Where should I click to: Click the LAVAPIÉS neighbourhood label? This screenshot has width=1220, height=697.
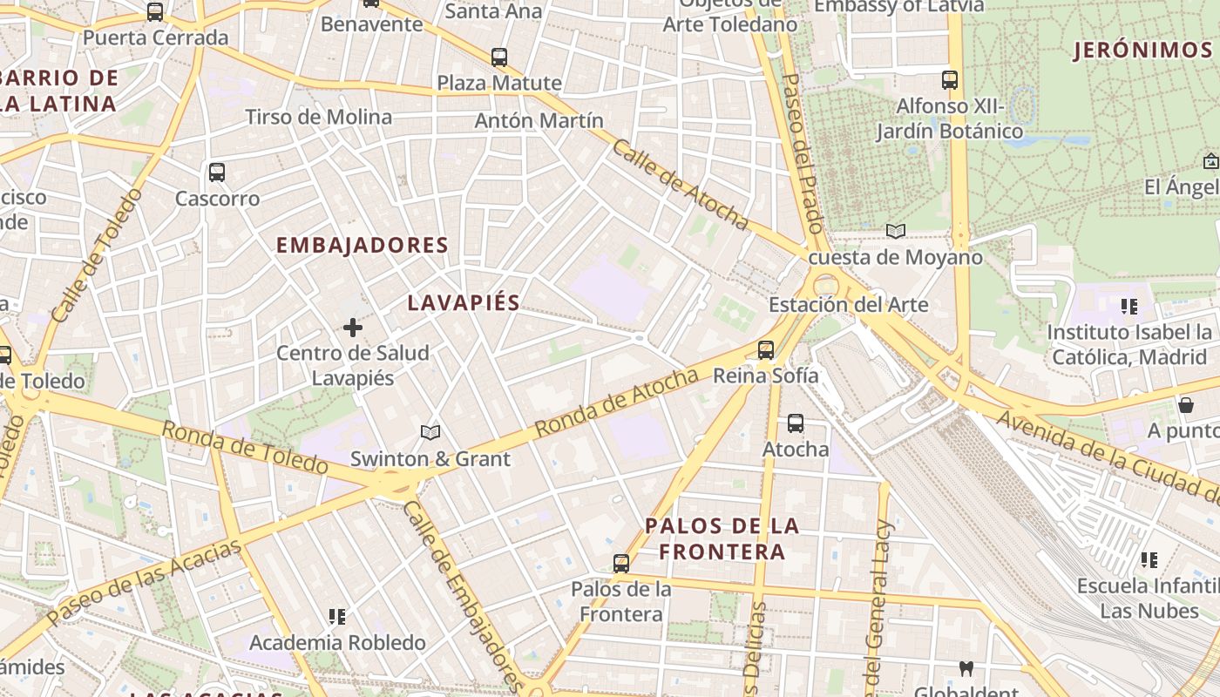tap(464, 303)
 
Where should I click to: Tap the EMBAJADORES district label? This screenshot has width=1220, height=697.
tap(362, 246)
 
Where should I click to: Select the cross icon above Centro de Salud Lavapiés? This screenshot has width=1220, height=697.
tap(353, 328)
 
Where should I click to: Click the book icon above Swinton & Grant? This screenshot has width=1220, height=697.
tap(430, 432)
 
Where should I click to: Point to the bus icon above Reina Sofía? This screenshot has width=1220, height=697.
tap(766, 350)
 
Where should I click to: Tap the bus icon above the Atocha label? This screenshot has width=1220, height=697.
tap(796, 424)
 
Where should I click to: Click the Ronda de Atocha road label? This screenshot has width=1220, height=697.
tap(616, 403)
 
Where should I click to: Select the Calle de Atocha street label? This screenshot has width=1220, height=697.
tap(680, 185)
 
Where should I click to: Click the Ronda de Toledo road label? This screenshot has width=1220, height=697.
tap(245, 448)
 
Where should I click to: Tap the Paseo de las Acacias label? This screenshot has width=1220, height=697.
tap(144, 582)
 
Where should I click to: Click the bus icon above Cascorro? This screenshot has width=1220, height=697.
tap(217, 173)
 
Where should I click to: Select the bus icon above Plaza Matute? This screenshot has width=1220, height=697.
tap(499, 58)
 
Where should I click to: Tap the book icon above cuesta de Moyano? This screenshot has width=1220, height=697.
tap(895, 232)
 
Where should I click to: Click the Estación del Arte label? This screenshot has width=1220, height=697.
tap(848, 305)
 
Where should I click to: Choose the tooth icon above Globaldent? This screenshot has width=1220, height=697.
tap(966, 669)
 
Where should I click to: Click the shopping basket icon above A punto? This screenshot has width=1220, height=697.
tap(1185, 405)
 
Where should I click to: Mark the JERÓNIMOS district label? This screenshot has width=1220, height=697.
tap(1142, 51)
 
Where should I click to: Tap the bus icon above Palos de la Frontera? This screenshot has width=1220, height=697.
tap(621, 564)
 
